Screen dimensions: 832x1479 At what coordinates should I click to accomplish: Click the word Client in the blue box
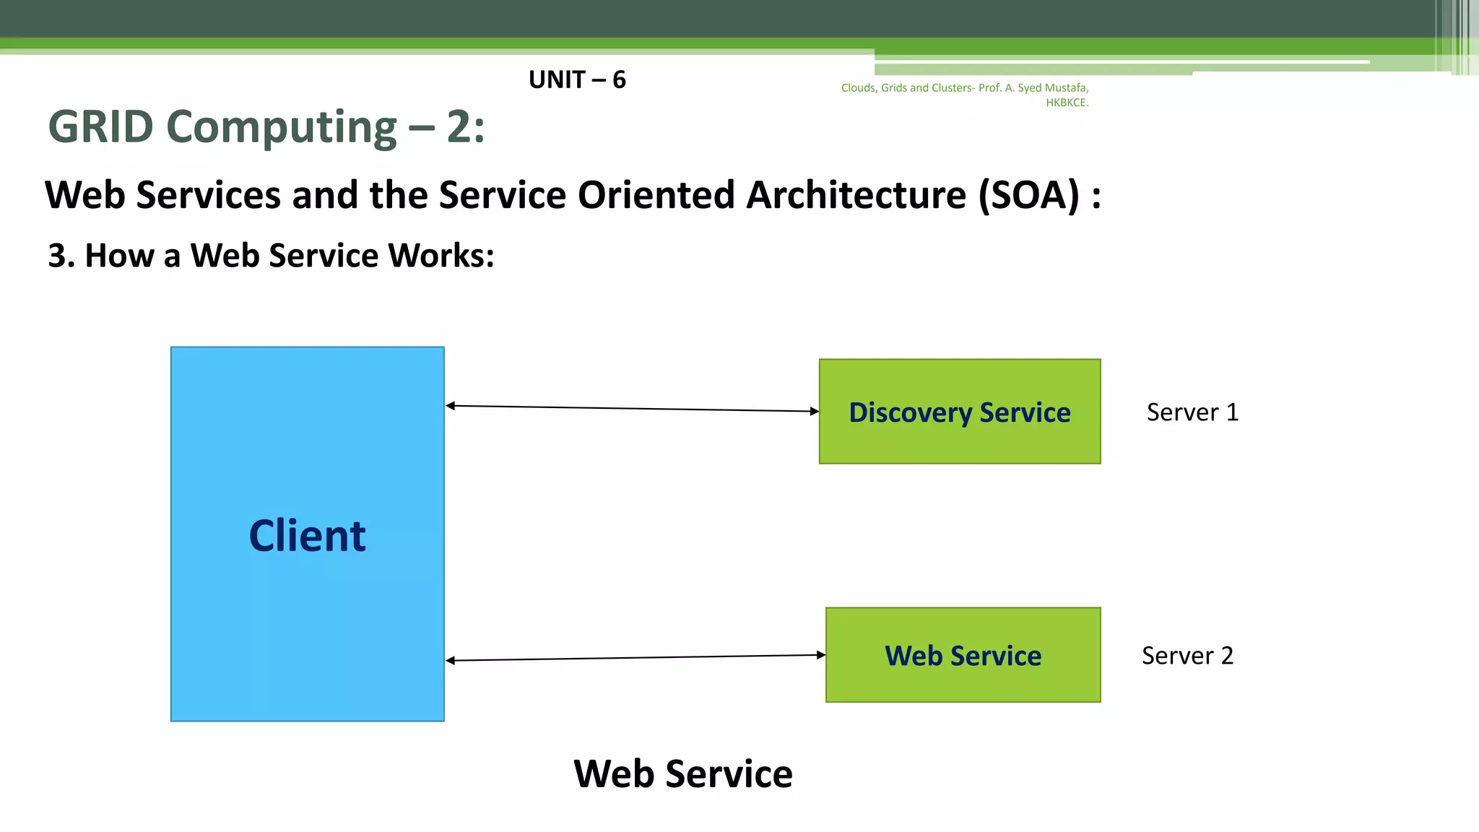307,536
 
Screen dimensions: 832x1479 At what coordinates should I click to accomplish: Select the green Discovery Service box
959,412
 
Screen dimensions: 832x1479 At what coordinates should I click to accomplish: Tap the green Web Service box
963,655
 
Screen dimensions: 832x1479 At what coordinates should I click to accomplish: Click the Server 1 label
1192,412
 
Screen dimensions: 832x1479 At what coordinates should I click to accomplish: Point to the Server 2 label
1187,655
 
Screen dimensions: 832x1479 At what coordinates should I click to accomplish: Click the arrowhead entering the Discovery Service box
815,411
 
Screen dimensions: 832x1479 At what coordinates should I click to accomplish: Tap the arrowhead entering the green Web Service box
821,655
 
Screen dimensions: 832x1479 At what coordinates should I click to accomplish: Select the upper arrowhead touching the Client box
450,406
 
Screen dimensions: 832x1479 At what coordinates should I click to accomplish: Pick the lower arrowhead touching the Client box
450,660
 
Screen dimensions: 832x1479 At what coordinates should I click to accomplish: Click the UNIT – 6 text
577,79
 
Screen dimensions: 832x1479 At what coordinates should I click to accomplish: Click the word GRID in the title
100,127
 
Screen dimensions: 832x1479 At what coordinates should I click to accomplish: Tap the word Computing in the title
282,127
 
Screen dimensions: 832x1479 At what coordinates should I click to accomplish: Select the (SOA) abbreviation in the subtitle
1028,195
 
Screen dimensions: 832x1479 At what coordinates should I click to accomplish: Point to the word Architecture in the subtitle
856,195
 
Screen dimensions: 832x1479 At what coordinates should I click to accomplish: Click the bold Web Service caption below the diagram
682,773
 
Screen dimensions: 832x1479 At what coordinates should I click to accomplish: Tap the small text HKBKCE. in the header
1067,103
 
